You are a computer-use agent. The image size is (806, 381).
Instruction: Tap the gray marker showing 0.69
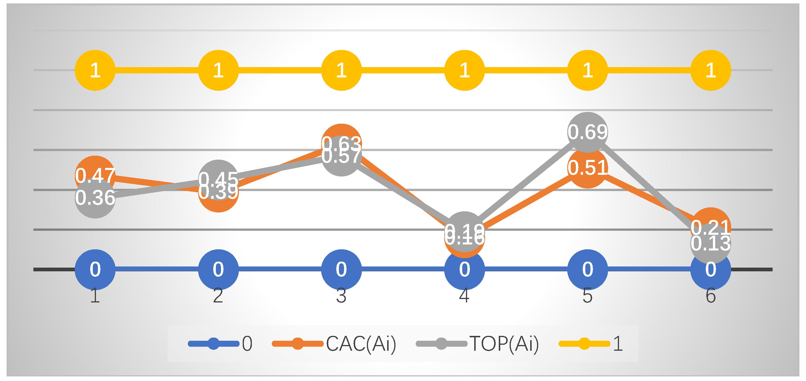point(587,132)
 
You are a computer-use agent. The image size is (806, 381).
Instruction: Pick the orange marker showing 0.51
point(587,169)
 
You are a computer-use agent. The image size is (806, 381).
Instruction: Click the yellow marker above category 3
point(341,70)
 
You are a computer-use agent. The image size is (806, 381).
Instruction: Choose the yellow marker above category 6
point(711,70)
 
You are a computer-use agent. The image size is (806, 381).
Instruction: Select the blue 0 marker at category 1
point(95,269)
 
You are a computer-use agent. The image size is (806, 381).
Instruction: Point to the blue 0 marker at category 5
point(587,269)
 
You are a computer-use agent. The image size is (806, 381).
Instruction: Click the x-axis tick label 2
point(218,296)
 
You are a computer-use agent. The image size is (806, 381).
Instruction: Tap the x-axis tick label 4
point(464,296)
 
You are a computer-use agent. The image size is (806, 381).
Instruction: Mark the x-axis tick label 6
point(711,296)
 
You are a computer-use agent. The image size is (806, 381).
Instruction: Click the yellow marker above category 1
point(95,70)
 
